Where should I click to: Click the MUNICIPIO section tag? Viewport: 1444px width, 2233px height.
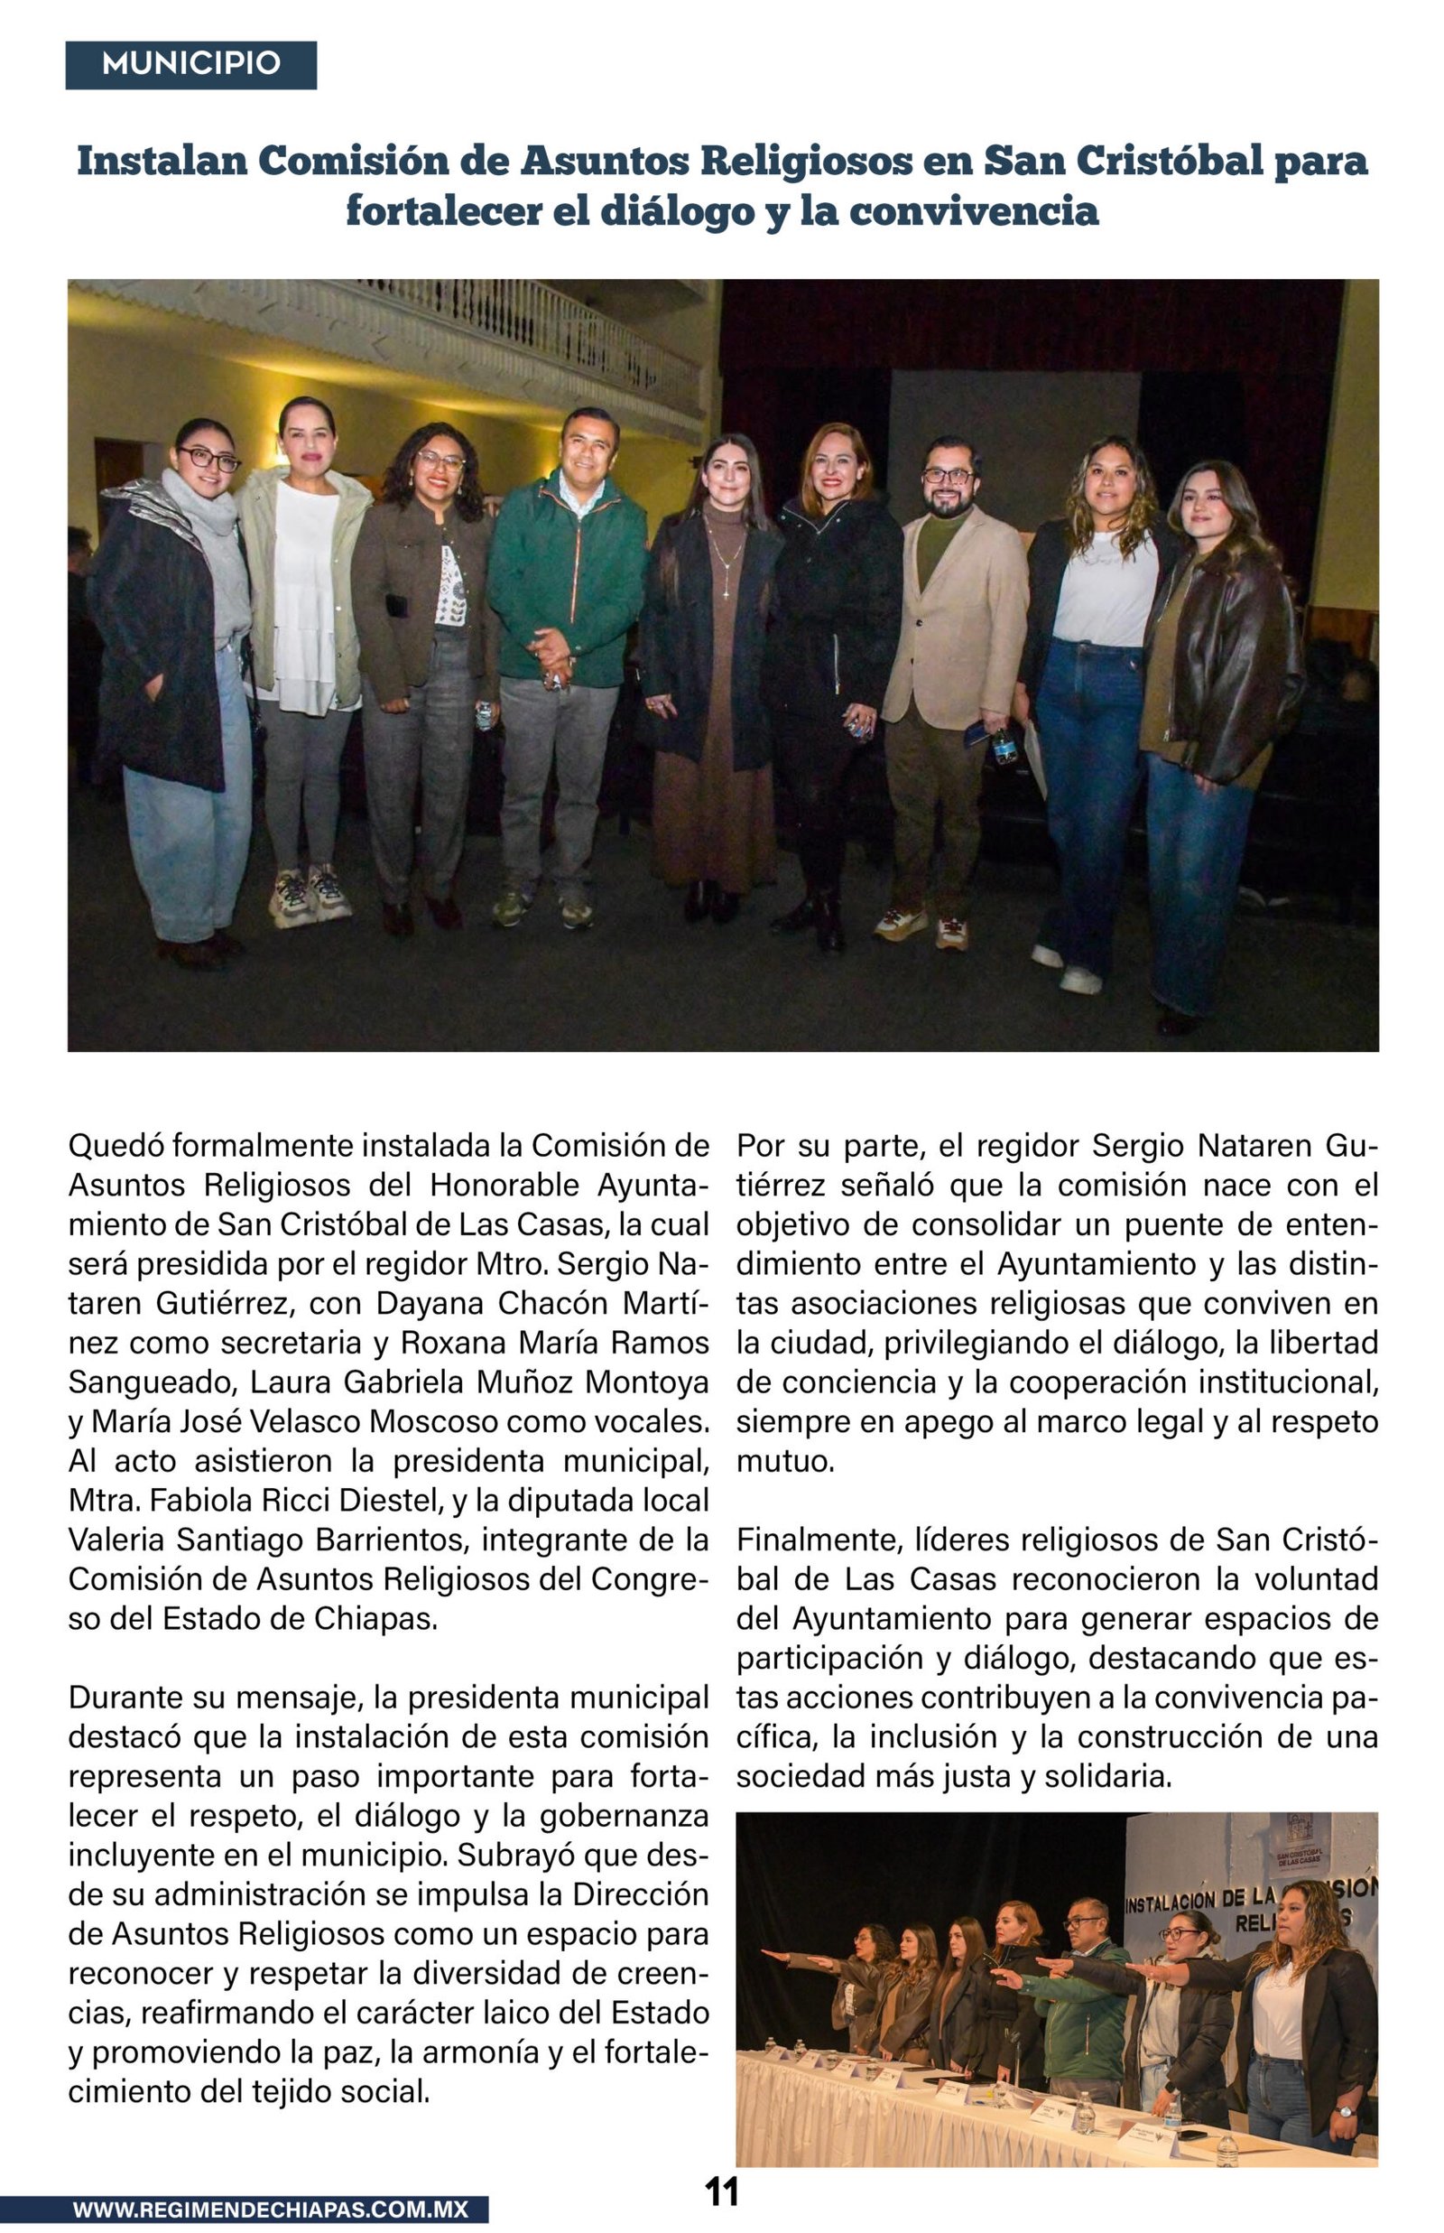(190, 64)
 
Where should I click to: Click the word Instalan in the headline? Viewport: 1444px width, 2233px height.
(162, 162)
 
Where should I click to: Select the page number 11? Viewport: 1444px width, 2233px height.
(721, 2191)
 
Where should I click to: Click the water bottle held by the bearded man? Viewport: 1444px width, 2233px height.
(1004, 747)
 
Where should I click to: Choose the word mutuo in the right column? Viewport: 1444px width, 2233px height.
(784, 1461)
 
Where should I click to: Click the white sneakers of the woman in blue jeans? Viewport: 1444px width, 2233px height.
(1069, 972)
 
